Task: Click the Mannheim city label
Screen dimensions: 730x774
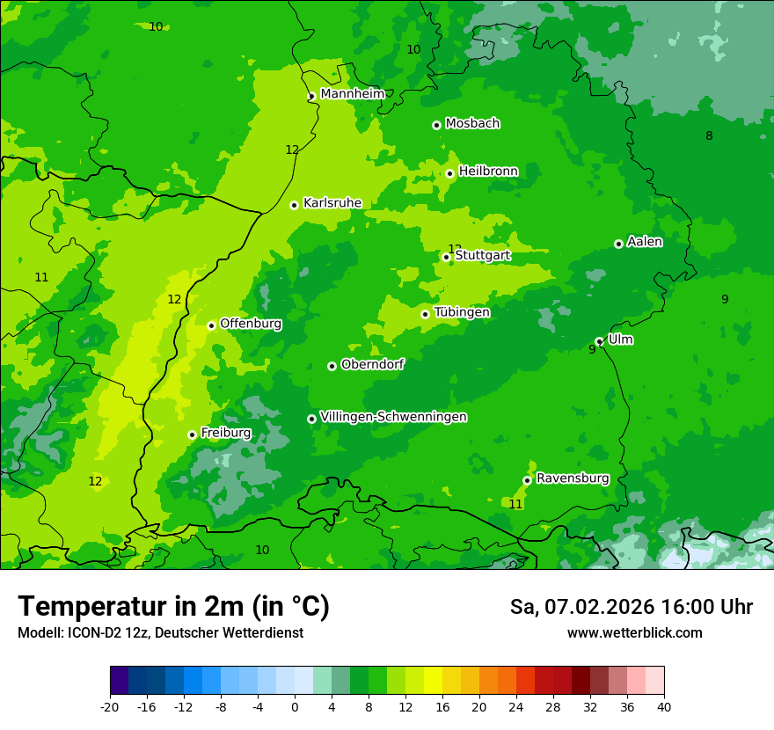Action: click(x=352, y=93)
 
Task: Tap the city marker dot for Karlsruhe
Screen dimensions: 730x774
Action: click(x=294, y=205)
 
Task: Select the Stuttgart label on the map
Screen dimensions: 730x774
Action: click(x=482, y=255)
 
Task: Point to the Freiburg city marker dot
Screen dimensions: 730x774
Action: click(x=192, y=434)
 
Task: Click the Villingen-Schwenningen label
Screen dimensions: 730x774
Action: click(x=393, y=417)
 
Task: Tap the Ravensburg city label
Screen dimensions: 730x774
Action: click(x=572, y=478)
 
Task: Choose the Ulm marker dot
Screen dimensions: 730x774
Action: click(x=599, y=341)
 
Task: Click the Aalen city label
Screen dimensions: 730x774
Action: click(x=645, y=242)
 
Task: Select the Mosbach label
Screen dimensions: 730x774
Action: click(x=472, y=123)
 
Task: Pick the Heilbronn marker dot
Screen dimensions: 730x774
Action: click(x=449, y=173)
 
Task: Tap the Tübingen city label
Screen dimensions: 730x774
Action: click(x=462, y=312)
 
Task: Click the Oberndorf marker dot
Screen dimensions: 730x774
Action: click(x=332, y=366)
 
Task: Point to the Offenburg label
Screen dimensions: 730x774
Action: click(x=251, y=324)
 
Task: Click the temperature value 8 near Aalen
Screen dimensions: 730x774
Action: click(x=709, y=135)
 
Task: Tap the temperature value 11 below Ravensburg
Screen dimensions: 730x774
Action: click(x=516, y=504)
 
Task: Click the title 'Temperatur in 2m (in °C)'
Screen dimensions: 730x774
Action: click(x=173, y=607)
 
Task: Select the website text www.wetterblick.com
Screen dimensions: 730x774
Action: click(x=634, y=633)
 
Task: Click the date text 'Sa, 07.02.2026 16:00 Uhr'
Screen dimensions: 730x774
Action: click(x=631, y=607)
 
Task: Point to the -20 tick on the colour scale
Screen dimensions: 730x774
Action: click(x=110, y=706)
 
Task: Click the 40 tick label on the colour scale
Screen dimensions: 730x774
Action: click(x=663, y=706)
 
